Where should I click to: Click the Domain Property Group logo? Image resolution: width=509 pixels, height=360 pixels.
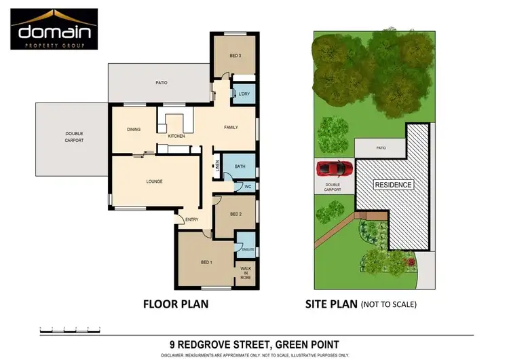pyautogui.click(x=54, y=29)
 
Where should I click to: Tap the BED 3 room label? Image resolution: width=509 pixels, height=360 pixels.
pyautogui.click(x=235, y=55)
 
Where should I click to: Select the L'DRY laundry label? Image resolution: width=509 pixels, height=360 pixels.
pyautogui.click(x=244, y=94)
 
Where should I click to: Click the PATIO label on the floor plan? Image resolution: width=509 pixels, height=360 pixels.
pyautogui.click(x=160, y=83)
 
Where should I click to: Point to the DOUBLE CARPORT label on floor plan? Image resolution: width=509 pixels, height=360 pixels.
pyautogui.click(x=74, y=137)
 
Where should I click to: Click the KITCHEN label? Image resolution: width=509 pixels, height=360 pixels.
pyautogui.click(x=176, y=136)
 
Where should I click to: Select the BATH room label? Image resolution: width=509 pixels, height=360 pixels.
pyautogui.click(x=240, y=166)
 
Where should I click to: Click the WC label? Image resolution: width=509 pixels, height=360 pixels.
pyautogui.click(x=248, y=185)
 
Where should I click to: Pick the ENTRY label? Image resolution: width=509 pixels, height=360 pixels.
pyautogui.click(x=192, y=219)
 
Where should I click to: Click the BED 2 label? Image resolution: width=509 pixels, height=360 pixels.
pyautogui.click(x=235, y=214)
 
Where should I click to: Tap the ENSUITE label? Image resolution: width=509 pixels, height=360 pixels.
pyautogui.click(x=248, y=250)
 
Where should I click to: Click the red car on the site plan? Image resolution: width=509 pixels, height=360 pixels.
pyautogui.click(x=333, y=168)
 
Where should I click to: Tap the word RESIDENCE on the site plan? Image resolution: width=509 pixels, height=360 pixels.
pyautogui.click(x=394, y=184)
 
